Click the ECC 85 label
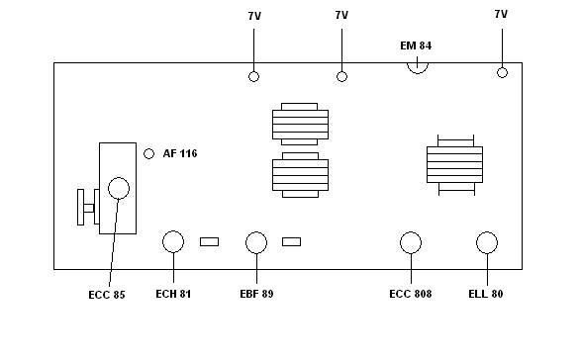click(107, 295)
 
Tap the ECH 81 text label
click(173, 294)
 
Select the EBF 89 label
click(256, 294)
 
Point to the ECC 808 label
click(411, 294)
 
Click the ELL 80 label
click(486, 294)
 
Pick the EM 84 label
click(416, 45)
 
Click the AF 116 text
click(180, 153)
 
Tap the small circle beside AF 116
click(148, 153)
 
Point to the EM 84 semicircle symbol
click(418, 73)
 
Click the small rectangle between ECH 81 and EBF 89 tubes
click(210, 242)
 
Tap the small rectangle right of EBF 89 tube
click(292, 242)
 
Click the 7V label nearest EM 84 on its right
click(501, 14)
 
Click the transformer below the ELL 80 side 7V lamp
click(455, 165)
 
